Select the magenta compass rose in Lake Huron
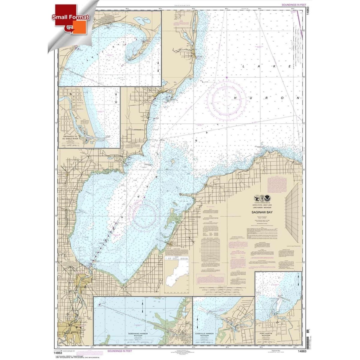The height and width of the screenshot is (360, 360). [226, 101]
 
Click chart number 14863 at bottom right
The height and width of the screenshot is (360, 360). [302, 351]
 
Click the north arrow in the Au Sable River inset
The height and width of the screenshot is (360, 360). [115, 98]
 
